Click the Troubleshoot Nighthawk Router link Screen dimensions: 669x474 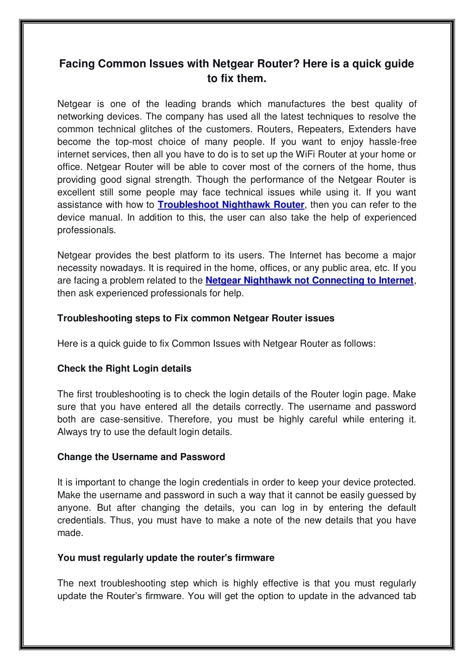coord(231,205)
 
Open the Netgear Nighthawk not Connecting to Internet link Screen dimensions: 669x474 coord(309,281)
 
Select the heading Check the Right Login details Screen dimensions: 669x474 coord(124,368)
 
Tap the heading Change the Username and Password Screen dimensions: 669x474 coord(141,457)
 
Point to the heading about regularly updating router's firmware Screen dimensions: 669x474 coord(166,558)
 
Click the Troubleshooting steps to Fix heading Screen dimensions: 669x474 coord(195,318)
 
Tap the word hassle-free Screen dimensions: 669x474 coord(393,142)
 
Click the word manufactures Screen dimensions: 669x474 coord(296,104)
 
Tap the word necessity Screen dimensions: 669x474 coord(77,268)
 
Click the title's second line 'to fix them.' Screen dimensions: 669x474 coord(237,79)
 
